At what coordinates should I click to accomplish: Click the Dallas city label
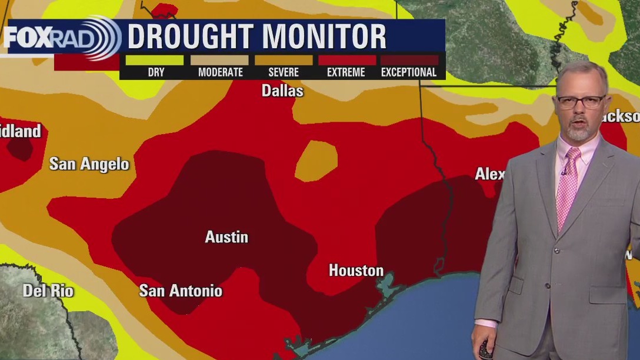(282, 91)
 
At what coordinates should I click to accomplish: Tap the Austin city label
(226, 237)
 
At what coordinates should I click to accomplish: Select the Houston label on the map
(356, 271)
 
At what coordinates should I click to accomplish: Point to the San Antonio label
(181, 290)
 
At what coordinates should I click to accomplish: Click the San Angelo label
(89, 164)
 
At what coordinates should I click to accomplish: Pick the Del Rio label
(48, 290)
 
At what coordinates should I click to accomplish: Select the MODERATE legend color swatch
(220, 60)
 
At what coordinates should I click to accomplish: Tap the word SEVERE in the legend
(284, 72)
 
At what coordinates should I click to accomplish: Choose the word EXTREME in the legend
(346, 72)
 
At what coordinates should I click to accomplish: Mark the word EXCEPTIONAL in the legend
(409, 72)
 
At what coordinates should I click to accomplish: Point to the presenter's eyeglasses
(581, 101)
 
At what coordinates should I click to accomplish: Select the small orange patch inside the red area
(316, 161)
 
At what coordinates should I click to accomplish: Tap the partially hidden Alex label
(489, 174)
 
